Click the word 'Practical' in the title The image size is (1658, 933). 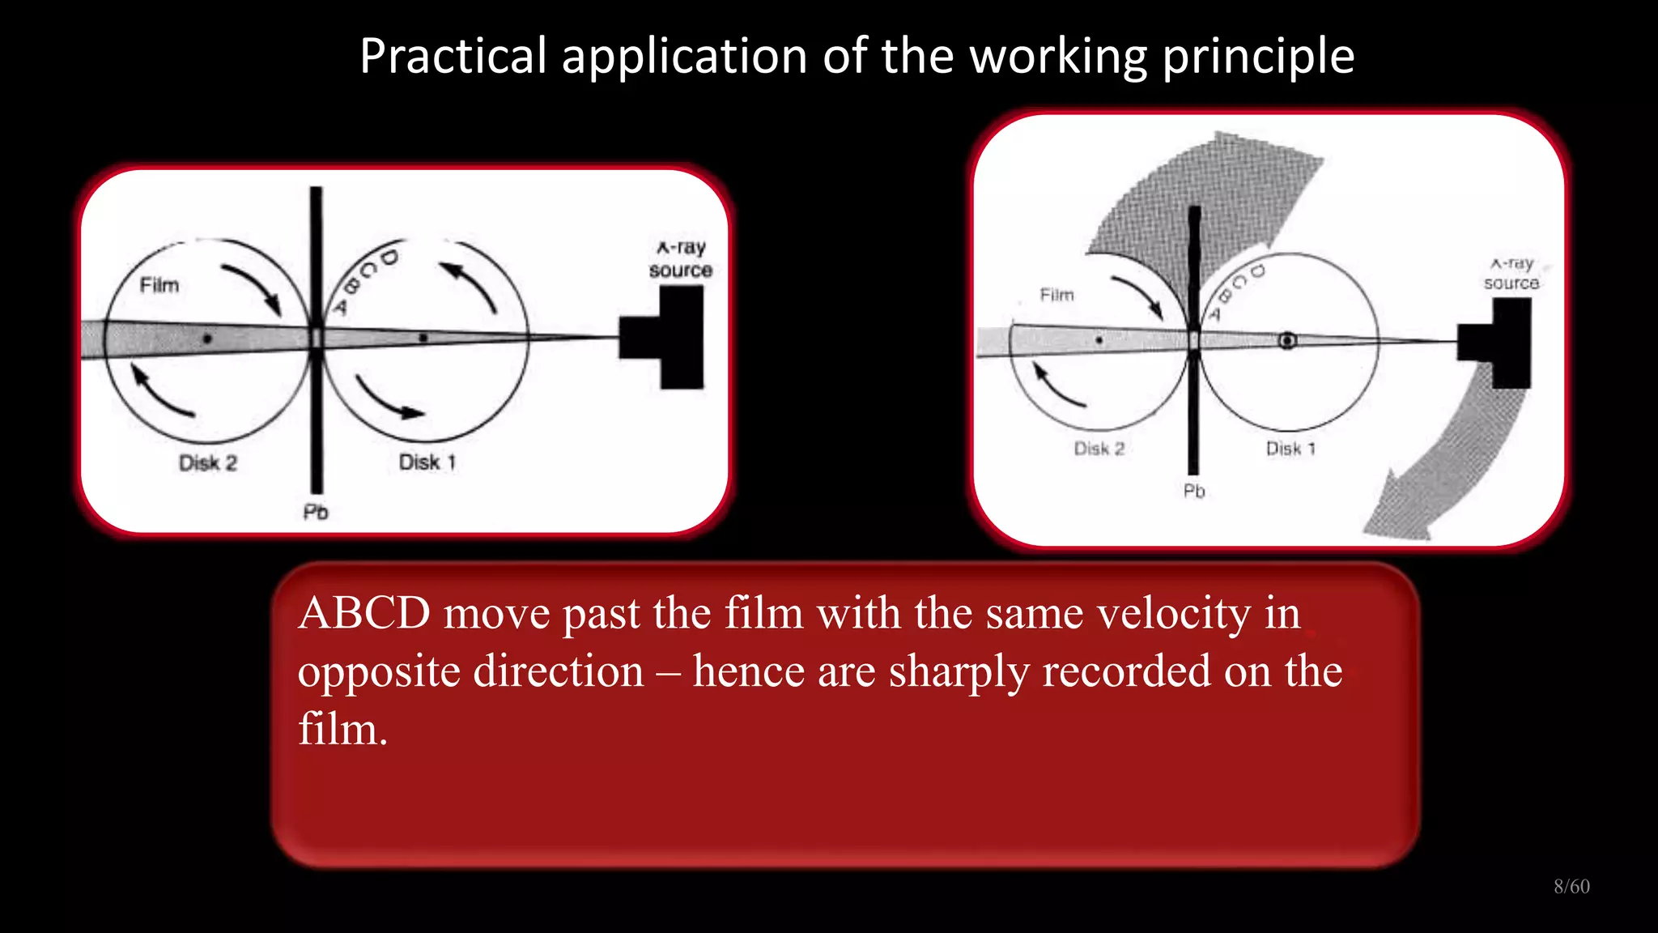point(453,57)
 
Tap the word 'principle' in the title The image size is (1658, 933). point(1258,57)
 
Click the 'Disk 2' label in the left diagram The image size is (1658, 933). point(208,463)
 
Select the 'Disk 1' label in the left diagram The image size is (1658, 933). point(427,462)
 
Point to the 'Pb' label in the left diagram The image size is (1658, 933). point(316,513)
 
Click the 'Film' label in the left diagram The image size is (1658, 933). point(159,285)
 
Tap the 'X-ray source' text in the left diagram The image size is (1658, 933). point(681,259)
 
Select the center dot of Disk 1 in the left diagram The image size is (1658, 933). point(423,338)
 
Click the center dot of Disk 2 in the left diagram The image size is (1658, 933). point(207,339)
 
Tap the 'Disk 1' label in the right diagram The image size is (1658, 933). point(1290,449)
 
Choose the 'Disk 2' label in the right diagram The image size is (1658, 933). point(1099,449)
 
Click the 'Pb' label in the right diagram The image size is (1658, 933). point(1194,492)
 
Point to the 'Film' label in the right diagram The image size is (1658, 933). point(1056,295)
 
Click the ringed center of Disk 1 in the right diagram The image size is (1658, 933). point(1287,341)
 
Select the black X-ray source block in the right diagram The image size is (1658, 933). point(1506,343)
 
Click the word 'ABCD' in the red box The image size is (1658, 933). point(364,613)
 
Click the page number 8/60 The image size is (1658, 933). point(1571,887)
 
